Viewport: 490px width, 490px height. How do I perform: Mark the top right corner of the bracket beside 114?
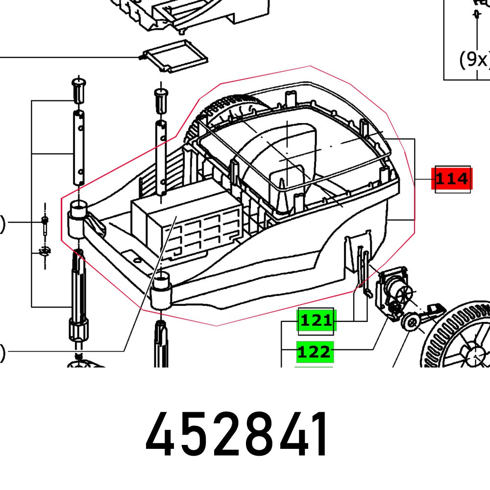pos(415,139)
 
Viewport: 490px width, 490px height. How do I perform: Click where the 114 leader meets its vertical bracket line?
pos(415,179)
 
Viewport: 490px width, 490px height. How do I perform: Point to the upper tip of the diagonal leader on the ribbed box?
pos(176,216)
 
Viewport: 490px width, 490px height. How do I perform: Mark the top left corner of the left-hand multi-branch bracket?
pos(31,100)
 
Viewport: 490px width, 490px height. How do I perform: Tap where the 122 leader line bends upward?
pos(373,349)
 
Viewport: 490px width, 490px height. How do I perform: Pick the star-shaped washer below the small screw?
pos(45,251)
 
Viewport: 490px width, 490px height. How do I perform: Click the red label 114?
pos(452,179)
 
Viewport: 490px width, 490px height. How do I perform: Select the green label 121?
pos(316,320)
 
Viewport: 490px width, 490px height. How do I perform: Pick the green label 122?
pos(315,351)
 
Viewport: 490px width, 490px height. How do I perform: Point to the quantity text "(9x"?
pos(474,59)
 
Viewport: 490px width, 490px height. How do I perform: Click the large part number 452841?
pos(237,434)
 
